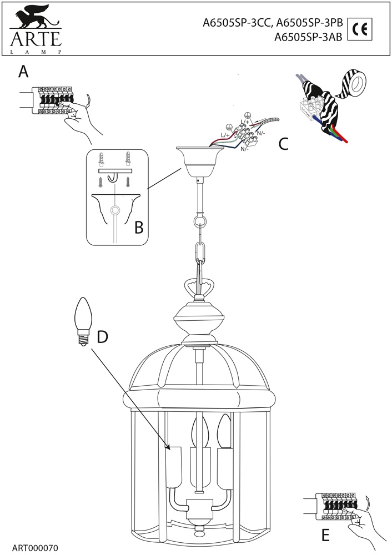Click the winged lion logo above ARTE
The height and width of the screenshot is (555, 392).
click(x=34, y=16)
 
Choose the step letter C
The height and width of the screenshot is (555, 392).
click(x=283, y=144)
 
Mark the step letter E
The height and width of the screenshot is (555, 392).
click(x=325, y=535)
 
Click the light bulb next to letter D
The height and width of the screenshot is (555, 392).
click(x=83, y=320)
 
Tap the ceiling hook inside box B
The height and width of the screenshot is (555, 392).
click(x=113, y=176)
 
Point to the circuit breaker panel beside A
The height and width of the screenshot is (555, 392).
click(x=53, y=100)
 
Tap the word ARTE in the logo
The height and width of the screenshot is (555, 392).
click(x=34, y=39)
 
